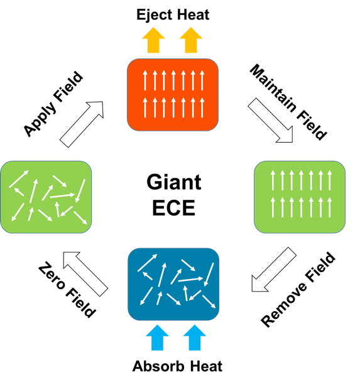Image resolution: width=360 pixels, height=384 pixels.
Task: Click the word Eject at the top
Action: (x=155, y=15)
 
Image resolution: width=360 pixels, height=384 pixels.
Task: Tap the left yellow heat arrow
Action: (x=153, y=40)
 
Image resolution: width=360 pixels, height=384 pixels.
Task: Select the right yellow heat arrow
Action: (x=191, y=40)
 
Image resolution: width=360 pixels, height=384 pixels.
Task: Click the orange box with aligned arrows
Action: (x=173, y=95)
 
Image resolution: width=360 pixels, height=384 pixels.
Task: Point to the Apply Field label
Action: (x=53, y=104)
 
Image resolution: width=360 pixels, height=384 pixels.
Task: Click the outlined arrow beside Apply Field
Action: (x=82, y=124)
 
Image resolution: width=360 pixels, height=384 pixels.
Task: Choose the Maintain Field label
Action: (x=288, y=102)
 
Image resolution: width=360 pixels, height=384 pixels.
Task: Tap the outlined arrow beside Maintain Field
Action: (x=271, y=120)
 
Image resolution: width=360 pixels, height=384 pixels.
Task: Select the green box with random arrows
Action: (x=46, y=197)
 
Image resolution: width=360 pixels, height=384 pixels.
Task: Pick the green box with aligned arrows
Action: (x=300, y=197)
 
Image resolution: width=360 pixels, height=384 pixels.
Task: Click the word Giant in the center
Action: (x=174, y=182)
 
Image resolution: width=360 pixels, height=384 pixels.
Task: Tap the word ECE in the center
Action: (x=174, y=207)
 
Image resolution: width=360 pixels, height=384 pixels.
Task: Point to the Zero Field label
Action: (x=67, y=290)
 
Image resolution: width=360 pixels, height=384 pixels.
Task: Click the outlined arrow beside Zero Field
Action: (x=85, y=274)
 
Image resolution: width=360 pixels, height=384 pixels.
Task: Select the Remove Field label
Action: (x=298, y=289)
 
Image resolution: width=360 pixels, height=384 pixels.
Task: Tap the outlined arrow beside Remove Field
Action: (x=274, y=270)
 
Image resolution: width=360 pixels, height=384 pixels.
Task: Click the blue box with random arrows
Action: (x=173, y=284)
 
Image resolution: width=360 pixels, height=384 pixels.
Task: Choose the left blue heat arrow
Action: (x=157, y=337)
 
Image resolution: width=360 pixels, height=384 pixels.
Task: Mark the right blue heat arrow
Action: (x=194, y=337)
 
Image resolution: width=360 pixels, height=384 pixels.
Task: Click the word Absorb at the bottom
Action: (x=158, y=366)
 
